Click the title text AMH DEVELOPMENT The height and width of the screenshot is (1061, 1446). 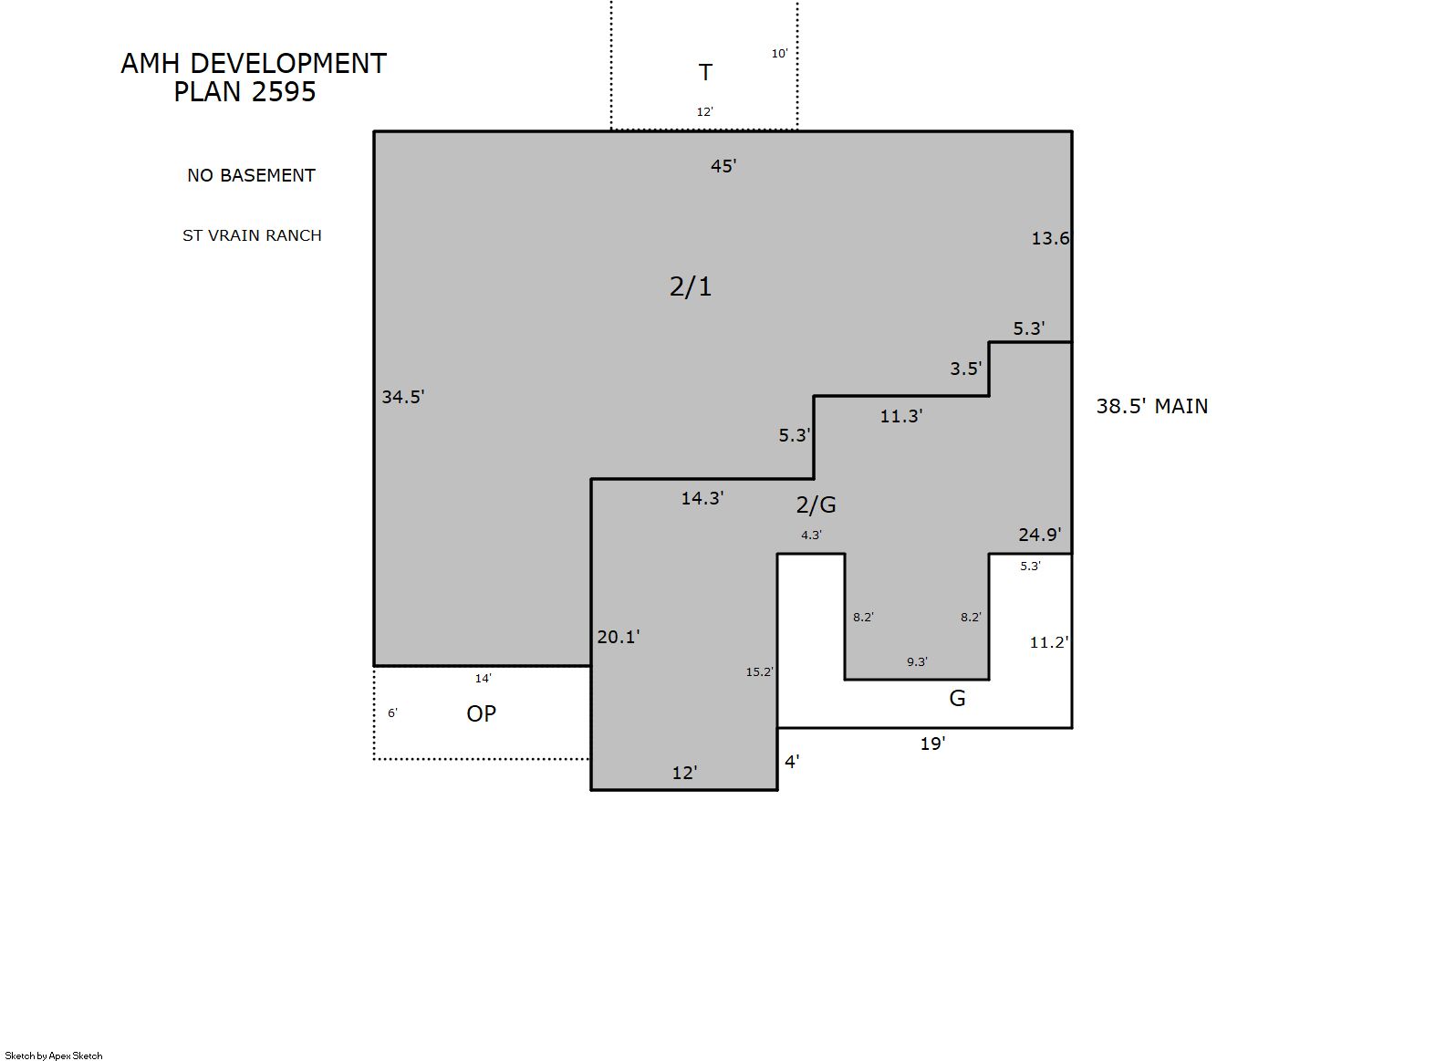254,64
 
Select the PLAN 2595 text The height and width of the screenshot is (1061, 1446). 244,91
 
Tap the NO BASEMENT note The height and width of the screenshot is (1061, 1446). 251,175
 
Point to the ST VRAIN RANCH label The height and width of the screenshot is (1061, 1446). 252,235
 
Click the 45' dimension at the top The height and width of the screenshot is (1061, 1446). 723,166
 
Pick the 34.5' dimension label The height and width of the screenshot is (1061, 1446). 403,396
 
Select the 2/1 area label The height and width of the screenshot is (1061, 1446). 690,286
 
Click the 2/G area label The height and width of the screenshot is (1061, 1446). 816,504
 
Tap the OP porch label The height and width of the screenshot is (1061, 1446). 482,713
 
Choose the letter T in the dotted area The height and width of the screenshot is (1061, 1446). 705,72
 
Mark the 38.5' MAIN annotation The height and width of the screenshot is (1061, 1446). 1151,406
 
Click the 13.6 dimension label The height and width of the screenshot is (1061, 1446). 1050,238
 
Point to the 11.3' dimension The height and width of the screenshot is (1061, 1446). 901,416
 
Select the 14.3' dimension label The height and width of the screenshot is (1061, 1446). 702,497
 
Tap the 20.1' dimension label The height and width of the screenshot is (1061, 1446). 619,637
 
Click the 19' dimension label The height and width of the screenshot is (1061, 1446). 932,744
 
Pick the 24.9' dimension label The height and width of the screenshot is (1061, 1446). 1040,534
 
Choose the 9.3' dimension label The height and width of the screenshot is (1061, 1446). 917,661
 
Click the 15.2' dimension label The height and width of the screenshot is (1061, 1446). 760,671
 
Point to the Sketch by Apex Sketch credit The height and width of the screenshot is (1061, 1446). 54,1056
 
